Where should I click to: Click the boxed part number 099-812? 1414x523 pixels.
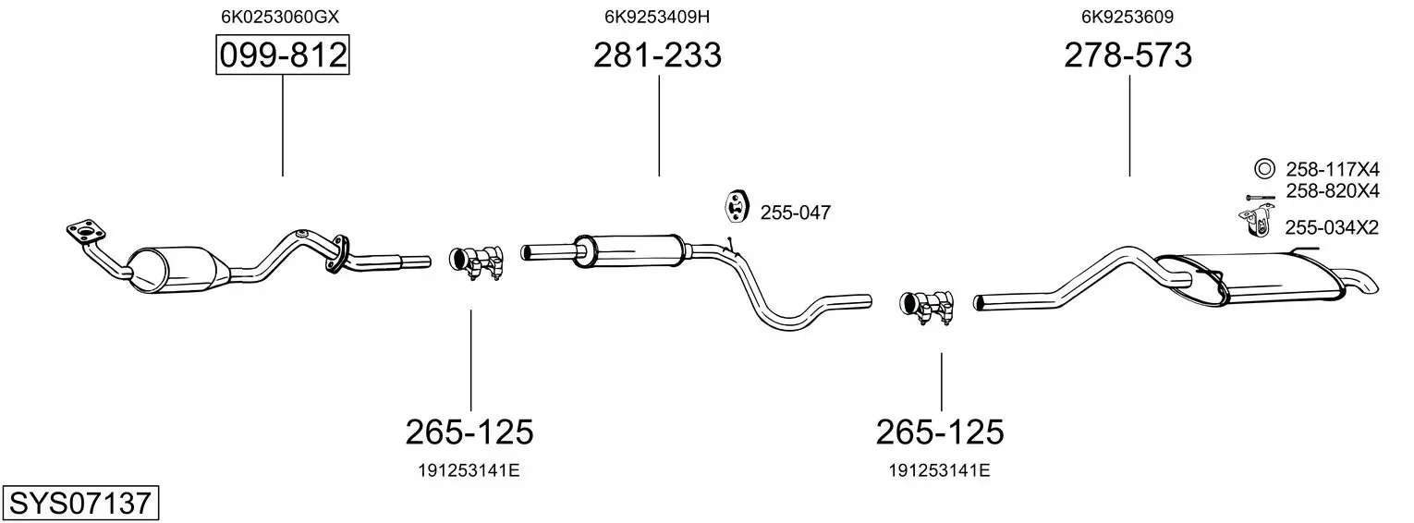(283, 55)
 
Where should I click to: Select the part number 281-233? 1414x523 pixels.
(657, 55)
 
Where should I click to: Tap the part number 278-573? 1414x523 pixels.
(1128, 55)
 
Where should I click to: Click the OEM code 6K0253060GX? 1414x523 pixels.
(280, 17)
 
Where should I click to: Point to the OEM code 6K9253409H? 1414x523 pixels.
(657, 17)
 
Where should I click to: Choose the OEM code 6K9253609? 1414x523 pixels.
(1128, 17)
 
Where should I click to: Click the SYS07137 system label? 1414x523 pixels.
(80, 504)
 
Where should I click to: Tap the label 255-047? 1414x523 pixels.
(796, 213)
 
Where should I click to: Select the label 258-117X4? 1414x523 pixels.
(1333, 169)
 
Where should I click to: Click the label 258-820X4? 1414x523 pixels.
(1333, 190)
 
